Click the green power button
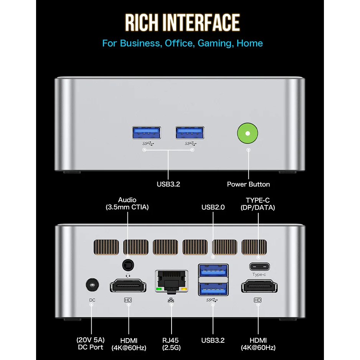(x=248, y=134)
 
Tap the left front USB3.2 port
(x=146, y=132)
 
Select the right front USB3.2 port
(x=190, y=132)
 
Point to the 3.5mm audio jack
(x=128, y=265)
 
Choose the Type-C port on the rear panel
(x=259, y=266)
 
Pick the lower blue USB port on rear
(x=213, y=288)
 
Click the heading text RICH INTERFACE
(x=182, y=23)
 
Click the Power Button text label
(x=248, y=184)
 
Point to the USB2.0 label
(x=213, y=207)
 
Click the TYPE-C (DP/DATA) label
(x=258, y=204)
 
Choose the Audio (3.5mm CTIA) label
(x=127, y=203)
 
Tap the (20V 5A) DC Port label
(x=91, y=343)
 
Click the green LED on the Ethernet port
(x=158, y=289)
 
